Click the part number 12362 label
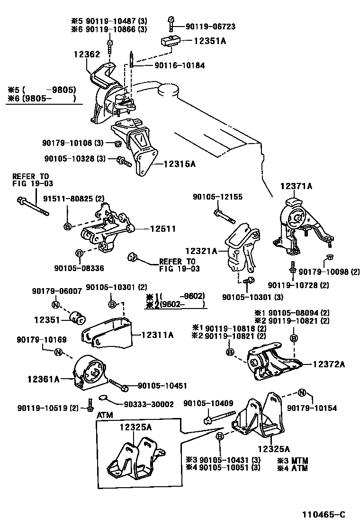tap(87, 55)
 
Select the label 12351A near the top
tap(210, 41)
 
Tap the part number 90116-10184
tap(180, 65)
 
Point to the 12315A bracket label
tap(180, 164)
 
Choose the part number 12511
tap(163, 229)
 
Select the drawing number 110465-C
tap(324, 515)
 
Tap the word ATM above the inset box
tap(105, 416)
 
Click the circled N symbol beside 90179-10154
tap(301, 392)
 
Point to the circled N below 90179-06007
tap(54, 305)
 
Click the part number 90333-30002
tap(149, 404)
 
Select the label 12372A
tap(328, 364)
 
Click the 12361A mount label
tap(44, 379)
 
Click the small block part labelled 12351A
tap(171, 41)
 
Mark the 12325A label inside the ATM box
tap(135, 427)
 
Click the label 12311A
tap(157, 335)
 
